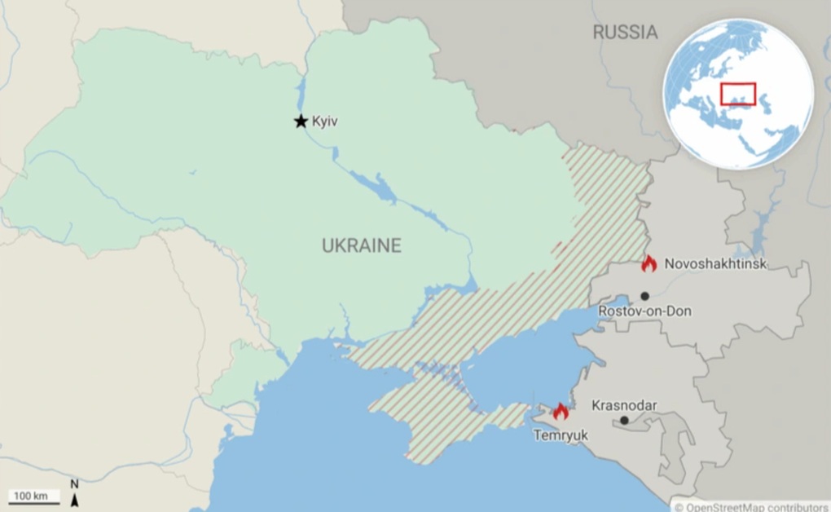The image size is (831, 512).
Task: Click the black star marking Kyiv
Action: (301, 121)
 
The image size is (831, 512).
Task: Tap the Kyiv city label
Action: (324, 121)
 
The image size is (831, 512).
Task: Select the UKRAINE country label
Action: (361, 245)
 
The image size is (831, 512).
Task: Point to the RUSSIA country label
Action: (625, 33)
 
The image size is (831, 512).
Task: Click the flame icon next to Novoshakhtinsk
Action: (649, 263)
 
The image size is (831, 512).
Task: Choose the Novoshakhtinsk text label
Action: (715, 264)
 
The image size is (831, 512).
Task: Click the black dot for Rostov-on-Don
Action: (644, 296)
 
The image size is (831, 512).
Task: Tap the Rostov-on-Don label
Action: (644, 311)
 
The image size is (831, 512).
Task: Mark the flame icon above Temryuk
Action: (561, 412)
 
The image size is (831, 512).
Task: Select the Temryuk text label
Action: (560, 435)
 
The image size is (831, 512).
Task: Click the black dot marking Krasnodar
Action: (624, 421)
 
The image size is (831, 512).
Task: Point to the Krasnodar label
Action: (624, 405)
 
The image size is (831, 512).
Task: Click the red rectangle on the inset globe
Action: (738, 94)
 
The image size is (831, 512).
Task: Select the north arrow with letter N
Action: (74, 492)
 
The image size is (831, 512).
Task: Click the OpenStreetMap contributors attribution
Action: (756, 506)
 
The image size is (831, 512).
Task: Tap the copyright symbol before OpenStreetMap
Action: (679, 506)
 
